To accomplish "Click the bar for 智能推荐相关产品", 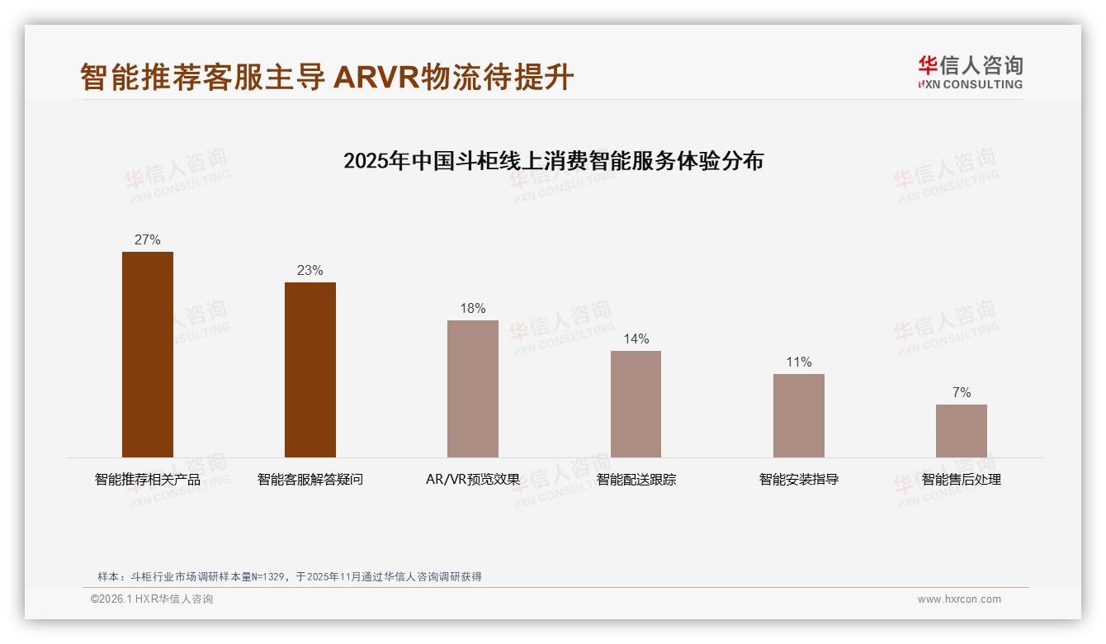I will coord(148,354).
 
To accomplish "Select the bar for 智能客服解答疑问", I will coord(310,370).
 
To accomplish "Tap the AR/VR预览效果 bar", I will coord(473,389).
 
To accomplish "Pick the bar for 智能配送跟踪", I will coord(636,404).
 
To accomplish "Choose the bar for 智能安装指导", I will coord(798,415).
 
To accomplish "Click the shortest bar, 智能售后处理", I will coord(961,431).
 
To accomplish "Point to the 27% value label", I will coord(148,240).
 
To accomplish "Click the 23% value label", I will coord(310,271).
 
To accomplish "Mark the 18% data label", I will coord(473,309).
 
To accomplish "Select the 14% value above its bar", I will coord(636,339).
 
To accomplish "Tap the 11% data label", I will coord(798,362).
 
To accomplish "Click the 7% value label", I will coord(962,393).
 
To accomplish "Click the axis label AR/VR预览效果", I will coord(473,480).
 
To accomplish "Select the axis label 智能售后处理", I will coord(961,480).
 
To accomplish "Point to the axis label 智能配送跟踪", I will coord(636,480).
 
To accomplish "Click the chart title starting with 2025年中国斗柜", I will coord(553,160).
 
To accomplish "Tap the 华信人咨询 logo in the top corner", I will coord(970,72).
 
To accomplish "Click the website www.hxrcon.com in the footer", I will coord(959,599).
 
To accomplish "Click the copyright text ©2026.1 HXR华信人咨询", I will coord(152,599).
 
